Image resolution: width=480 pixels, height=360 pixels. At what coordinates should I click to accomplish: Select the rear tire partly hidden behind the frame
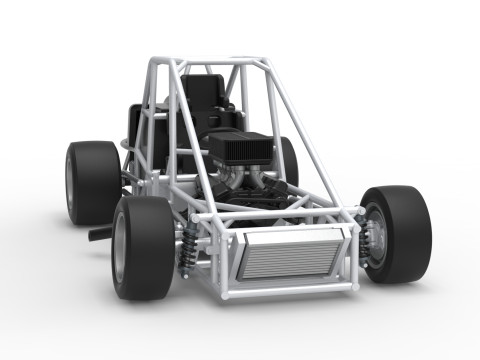[x=289, y=160]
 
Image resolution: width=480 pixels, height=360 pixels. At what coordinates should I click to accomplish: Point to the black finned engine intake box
[x=241, y=149]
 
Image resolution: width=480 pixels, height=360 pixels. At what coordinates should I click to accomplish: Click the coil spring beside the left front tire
[x=187, y=249]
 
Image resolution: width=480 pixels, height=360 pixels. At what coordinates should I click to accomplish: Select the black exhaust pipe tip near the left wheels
[x=99, y=234]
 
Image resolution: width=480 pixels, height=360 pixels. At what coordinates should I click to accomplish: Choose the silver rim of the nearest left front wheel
[x=120, y=248]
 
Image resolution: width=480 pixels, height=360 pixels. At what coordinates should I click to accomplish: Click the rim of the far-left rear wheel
[x=70, y=182]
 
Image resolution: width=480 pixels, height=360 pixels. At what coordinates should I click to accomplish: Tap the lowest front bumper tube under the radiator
[x=290, y=291]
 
